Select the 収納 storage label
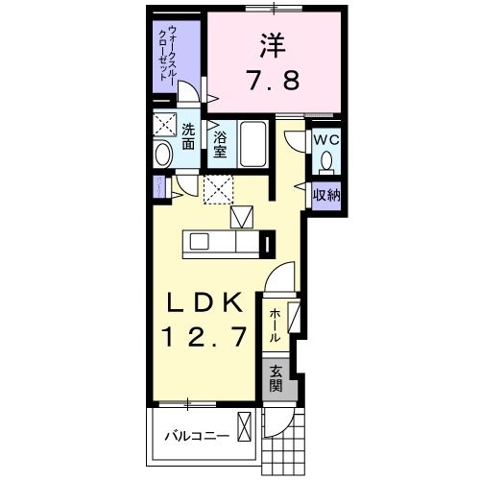pos(326,195)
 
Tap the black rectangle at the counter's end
pos(268,243)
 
